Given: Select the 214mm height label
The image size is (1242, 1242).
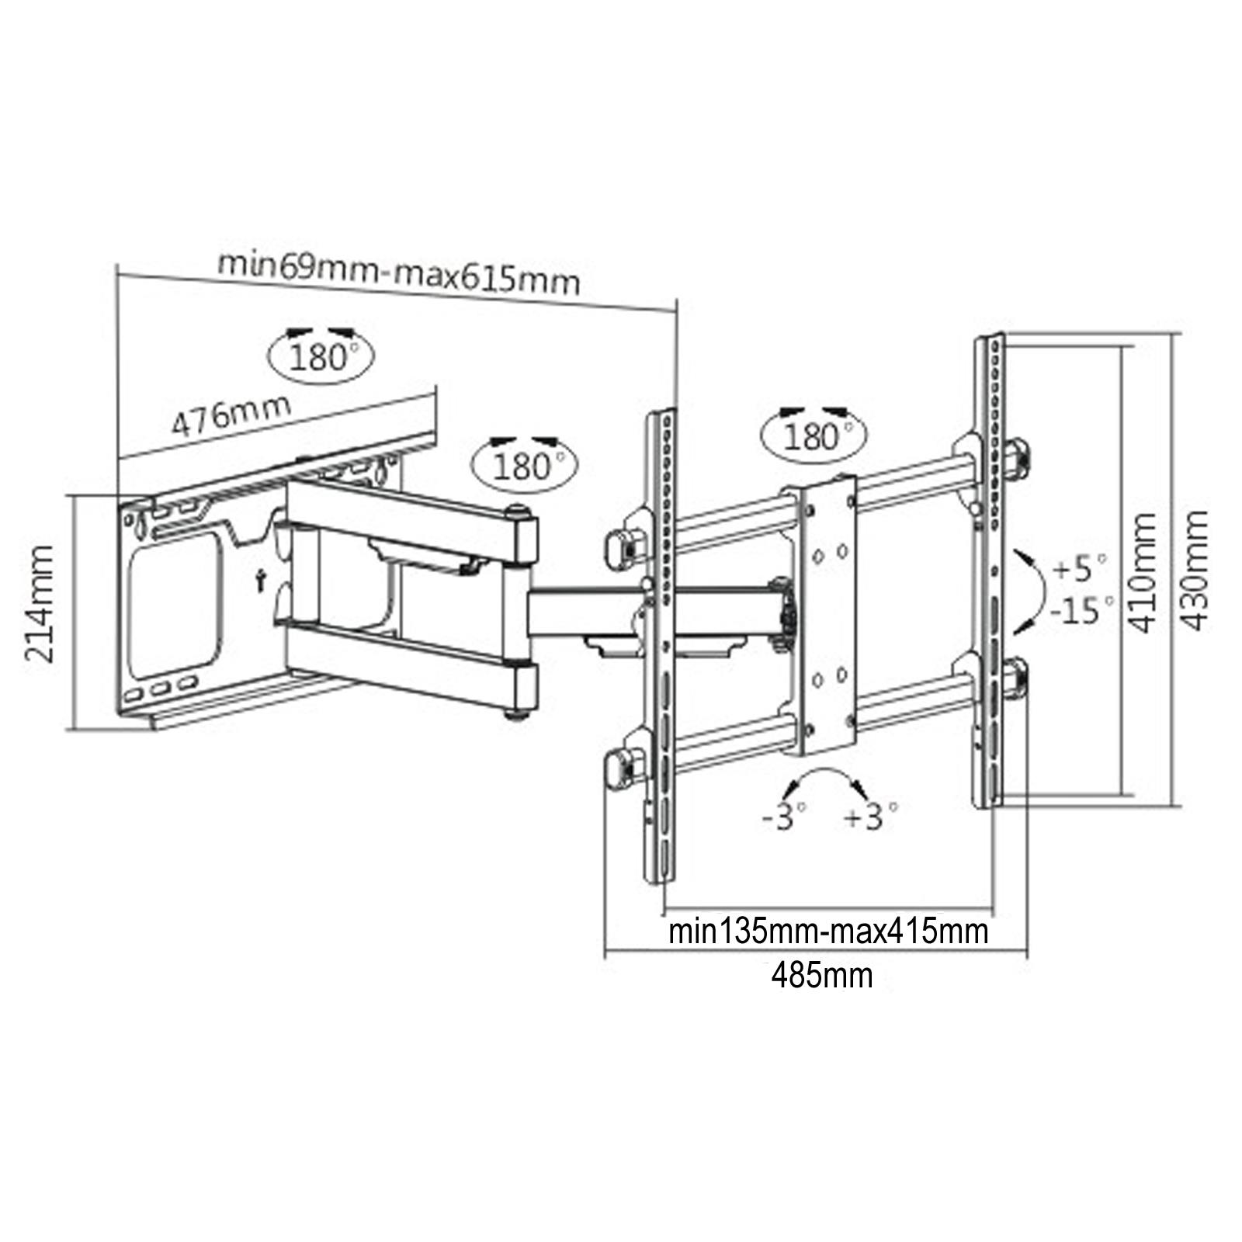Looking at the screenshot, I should pos(40,604).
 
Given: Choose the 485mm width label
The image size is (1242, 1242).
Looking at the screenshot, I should pos(821,975).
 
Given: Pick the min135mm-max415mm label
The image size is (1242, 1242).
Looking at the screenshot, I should pos(828,931).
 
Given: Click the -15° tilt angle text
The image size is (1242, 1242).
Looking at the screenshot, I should pos(1082,610).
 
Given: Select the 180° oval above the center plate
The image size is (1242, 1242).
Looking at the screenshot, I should pos(814,436).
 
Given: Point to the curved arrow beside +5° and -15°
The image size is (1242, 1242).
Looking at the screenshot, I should pos(1032,589).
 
